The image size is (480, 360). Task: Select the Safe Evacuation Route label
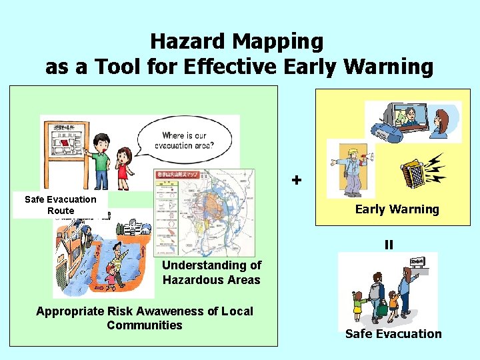tap(60, 205)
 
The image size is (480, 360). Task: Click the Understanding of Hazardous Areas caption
tap(211, 273)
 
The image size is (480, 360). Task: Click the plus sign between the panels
tap(297, 180)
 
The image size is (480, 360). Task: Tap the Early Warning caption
tap(397, 209)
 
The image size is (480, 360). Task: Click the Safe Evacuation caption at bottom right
tap(393, 334)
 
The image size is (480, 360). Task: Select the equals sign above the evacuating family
tap(389, 245)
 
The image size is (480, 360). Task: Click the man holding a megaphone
tap(349, 169)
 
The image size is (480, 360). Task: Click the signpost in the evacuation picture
tap(417, 262)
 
